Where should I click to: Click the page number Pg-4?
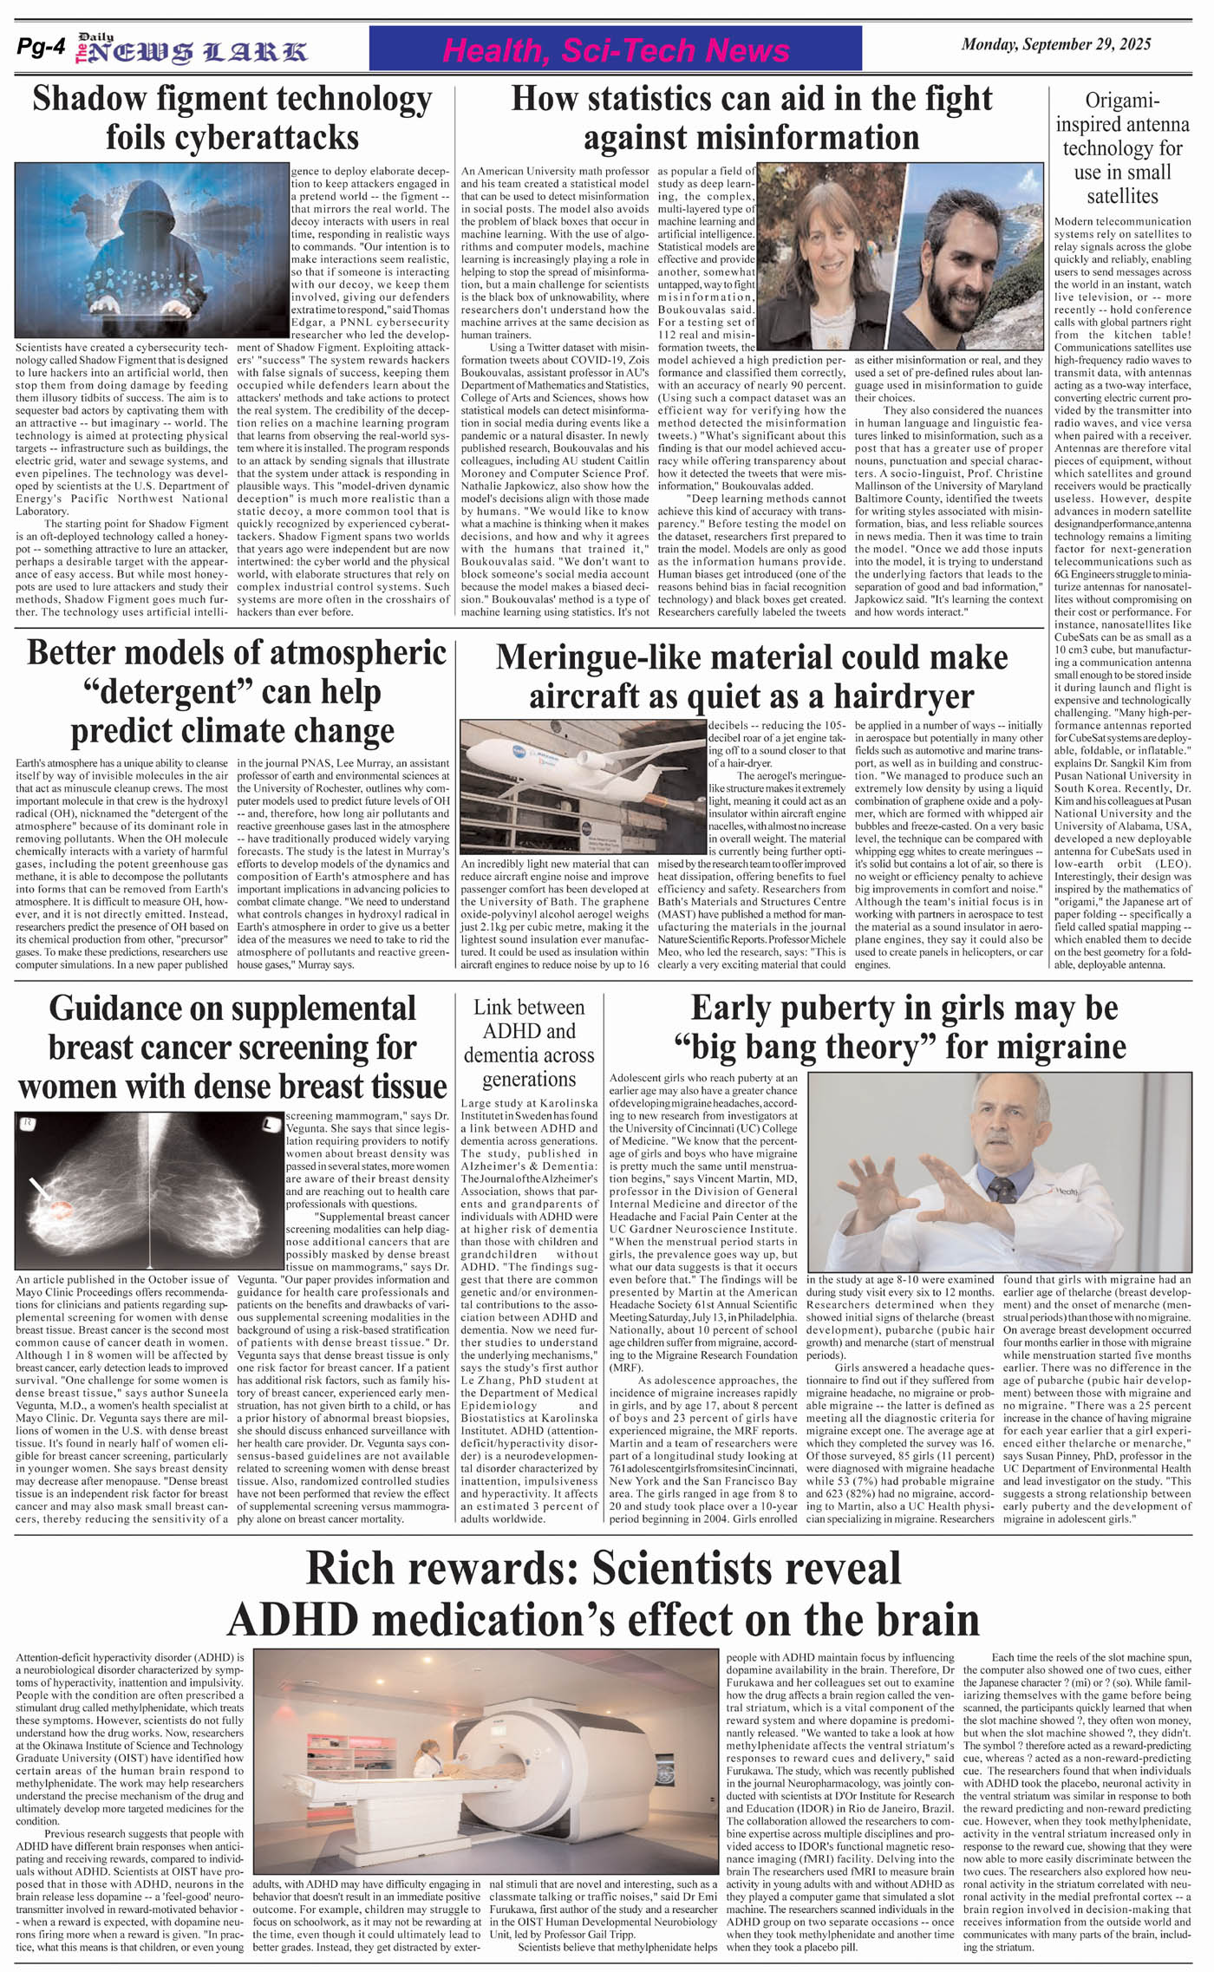[x=41, y=49]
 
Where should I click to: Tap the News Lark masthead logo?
[x=192, y=50]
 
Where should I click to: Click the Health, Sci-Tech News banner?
[x=616, y=50]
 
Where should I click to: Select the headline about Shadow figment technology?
[x=232, y=118]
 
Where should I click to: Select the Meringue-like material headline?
[x=751, y=676]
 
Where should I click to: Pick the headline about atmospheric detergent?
[x=232, y=691]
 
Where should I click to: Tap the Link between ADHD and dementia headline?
[x=529, y=1042]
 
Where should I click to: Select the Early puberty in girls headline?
[x=904, y=1027]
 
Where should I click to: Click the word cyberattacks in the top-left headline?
[x=232, y=138]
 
